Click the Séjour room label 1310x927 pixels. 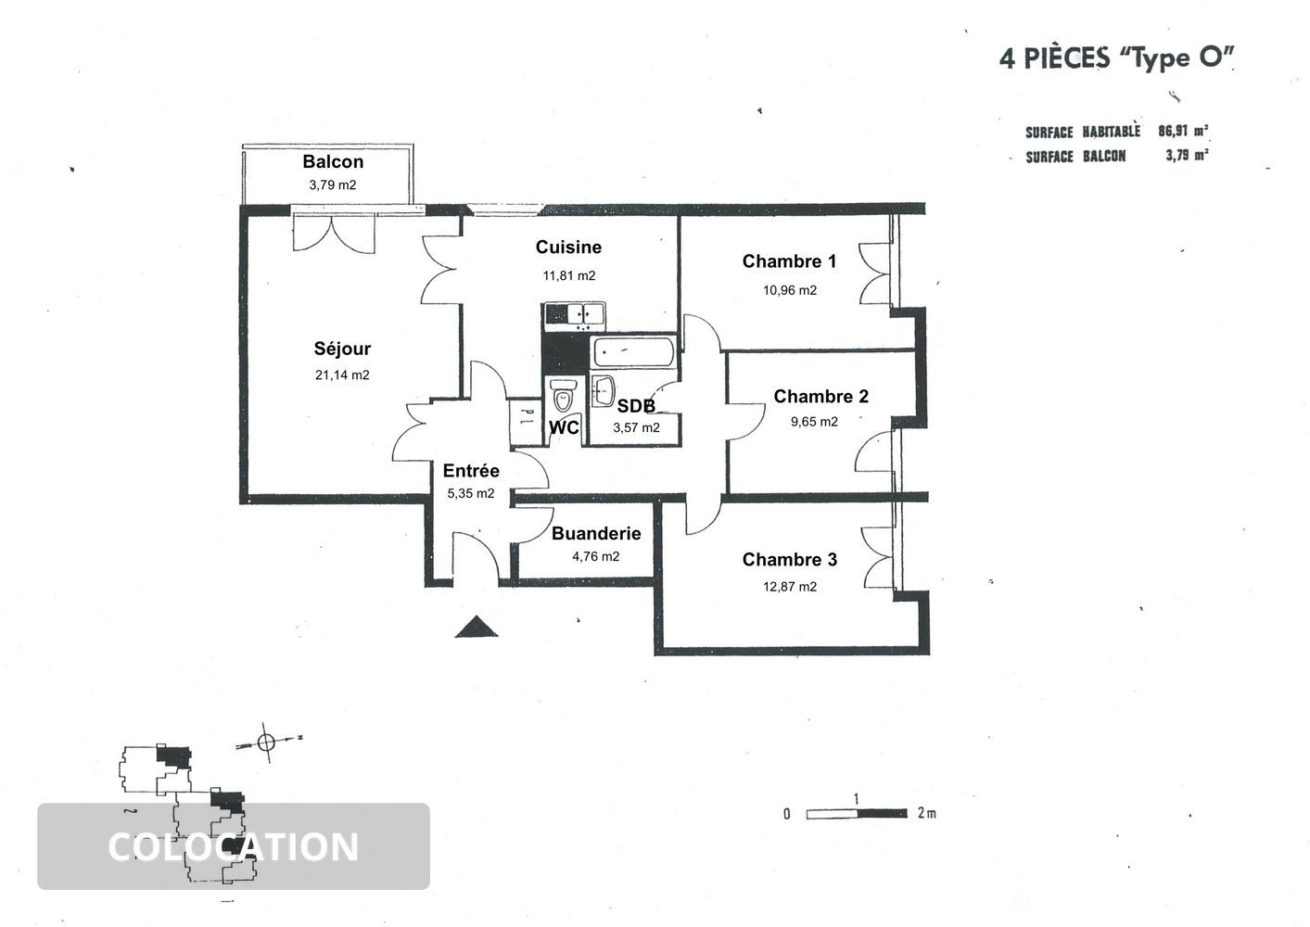tap(342, 349)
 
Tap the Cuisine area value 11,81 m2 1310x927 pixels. tap(568, 275)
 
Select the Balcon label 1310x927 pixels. tap(333, 162)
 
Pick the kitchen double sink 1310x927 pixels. tap(573, 315)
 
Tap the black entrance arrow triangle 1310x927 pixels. tap(477, 629)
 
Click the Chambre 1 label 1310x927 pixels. tap(789, 261)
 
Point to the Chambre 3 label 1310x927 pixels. tap(789, 560)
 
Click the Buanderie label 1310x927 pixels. tap(596, 534)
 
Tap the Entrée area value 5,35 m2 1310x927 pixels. tap(471, 494)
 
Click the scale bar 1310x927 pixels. tap(856, 814)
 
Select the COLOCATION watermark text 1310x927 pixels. tap(233, 847)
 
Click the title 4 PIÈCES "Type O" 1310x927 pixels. tap(1117, 57)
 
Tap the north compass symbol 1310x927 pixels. tap(267, 742)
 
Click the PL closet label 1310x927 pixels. tap(524, 417)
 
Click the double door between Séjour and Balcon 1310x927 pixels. tap(333, 232)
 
